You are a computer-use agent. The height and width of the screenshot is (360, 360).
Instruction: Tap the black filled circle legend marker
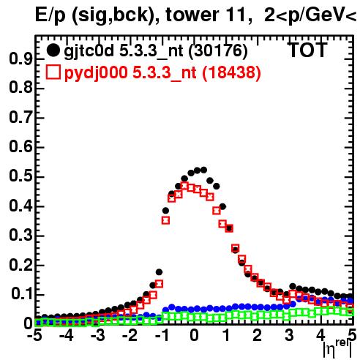[53, 50]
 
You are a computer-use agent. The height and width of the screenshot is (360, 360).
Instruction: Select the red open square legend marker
[53, 72]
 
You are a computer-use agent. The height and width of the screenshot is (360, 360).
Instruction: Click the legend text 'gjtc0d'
[89, 51]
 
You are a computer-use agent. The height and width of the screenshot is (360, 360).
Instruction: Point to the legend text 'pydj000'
[96, 72]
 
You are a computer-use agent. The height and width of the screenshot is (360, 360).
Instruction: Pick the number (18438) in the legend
[231, 72]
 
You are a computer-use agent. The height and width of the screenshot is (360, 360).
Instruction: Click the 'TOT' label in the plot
[307, 50]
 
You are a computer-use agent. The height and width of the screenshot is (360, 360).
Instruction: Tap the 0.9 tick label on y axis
[20, 59]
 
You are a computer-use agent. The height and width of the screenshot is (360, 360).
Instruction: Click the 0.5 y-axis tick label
[20, 176]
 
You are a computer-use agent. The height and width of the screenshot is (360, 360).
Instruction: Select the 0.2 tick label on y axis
[20, 265]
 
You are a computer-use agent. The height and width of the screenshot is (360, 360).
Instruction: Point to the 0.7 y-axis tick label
[20, 118]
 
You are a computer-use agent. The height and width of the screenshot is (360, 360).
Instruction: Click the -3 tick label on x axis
[98, 335]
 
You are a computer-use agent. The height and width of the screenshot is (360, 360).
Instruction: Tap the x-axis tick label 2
[257, 335]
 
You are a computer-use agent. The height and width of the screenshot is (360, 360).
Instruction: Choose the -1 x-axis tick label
[162, 335]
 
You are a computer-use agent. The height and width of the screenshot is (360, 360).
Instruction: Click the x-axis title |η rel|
[337, 349]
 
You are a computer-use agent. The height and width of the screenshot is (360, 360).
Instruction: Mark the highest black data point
[203, 170]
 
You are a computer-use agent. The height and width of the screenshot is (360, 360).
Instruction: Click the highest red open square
[184, 186]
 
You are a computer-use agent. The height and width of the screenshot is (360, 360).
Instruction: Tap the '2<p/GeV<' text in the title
[310, 15]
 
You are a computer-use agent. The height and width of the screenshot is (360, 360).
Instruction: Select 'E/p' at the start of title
[50, 15]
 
